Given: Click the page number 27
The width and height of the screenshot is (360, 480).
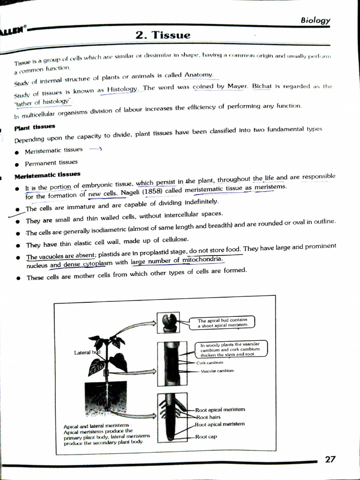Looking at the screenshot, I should coord(330,459).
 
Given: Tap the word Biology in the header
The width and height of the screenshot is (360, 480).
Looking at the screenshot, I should coord(315,20).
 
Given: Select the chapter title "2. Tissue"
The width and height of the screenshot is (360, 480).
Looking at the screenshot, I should coord(163,35).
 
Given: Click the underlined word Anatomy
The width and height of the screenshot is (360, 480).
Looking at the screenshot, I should coord(199,75).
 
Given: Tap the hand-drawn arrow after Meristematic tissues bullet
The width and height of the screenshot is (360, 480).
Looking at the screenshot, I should coord(96,149).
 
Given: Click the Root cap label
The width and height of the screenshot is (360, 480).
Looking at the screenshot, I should coord(206,436).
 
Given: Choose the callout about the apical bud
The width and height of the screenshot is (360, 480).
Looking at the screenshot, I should coord(222,322).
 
